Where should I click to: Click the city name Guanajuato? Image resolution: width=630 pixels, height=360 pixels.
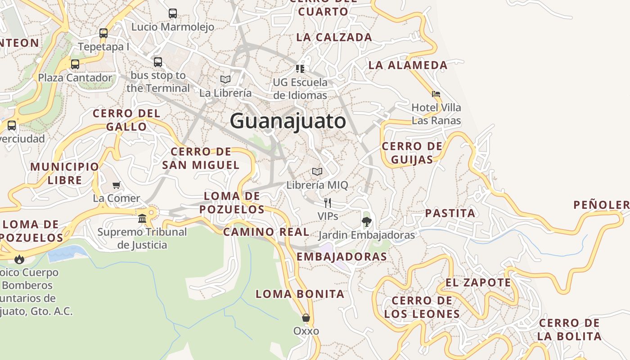[288, 121]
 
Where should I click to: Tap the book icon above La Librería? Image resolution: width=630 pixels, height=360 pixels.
[225, 80]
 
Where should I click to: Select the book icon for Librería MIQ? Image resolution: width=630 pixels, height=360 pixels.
[317, 171]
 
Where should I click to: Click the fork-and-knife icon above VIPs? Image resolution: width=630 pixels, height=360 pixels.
[328, 203]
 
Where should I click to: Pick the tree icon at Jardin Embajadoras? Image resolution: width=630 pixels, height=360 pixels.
[366, 221]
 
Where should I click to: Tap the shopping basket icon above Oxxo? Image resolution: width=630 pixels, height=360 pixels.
[306, 318]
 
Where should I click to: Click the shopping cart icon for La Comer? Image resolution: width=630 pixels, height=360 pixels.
[117, 184]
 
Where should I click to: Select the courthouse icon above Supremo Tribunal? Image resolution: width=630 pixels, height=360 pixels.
[142, 218]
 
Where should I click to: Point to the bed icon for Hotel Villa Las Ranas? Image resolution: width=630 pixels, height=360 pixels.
[436, 94]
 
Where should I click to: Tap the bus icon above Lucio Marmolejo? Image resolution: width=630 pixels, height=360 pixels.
[173, 13]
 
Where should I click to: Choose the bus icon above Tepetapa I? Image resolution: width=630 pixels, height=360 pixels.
[103, 33]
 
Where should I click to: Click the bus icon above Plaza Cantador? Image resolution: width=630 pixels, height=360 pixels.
[75, 64]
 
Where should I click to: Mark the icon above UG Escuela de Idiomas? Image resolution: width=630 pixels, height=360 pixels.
[300, 69]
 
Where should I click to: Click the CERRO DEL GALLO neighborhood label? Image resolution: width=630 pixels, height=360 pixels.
[126, 120]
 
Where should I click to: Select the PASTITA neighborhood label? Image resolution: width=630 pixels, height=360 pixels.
[450, 213]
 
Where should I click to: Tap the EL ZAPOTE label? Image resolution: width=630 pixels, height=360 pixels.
[478, 283]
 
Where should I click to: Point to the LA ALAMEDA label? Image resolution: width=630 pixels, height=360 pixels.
[408, 65]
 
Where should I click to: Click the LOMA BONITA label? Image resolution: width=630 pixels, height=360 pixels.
[300, 294]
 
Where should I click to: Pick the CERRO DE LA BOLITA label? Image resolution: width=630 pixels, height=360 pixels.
[569, 329]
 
